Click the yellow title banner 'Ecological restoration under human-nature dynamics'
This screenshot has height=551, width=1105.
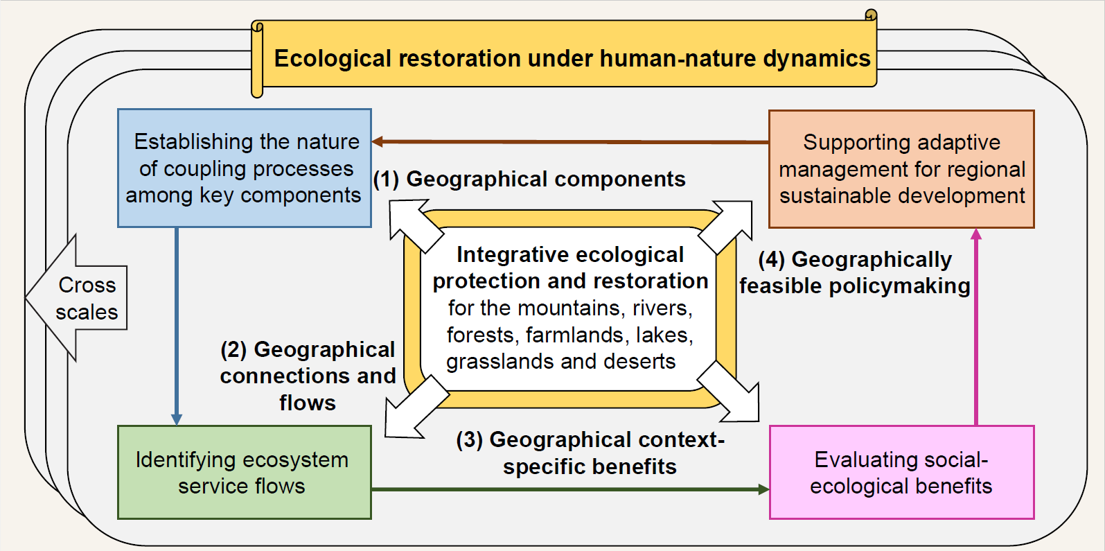pos(572,58)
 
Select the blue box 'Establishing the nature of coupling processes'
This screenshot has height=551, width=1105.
pos(245,168)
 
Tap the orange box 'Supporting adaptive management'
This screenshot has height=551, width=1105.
pos(901,169)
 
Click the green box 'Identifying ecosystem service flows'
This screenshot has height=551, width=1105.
pos(245,473)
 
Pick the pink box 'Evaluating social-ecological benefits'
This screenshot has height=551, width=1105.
pos(901,473)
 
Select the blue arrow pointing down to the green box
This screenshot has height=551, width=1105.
pos(177,326)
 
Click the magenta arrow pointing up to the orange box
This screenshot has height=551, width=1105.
pos(976,326)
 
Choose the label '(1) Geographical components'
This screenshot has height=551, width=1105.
pos(529,179)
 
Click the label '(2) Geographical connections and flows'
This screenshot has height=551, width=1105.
pos(308,376)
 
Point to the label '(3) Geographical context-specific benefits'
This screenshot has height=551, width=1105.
pos(590,453)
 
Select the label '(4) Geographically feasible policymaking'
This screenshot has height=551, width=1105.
pos(855,272)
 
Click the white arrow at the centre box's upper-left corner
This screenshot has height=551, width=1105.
pos(414,225)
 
